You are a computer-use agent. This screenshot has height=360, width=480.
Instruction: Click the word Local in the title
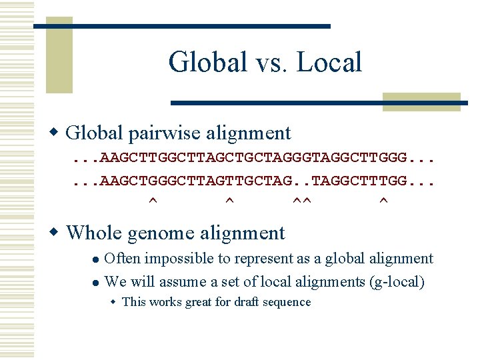[x=329, y=62]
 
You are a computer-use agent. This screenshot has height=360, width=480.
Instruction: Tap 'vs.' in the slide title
[x=269, y=63]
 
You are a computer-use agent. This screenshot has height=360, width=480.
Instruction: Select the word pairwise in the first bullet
[x=163, y=133]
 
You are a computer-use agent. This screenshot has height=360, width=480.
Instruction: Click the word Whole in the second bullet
[x=93, y=233]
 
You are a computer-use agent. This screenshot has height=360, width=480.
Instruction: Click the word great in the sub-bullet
[x=195, y=302]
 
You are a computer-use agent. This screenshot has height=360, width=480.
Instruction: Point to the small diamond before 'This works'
[x=113, y=302]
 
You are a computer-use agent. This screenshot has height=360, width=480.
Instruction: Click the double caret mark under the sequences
[x=303, y=200]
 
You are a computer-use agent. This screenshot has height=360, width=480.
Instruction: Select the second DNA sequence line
[x=253, y=181]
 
